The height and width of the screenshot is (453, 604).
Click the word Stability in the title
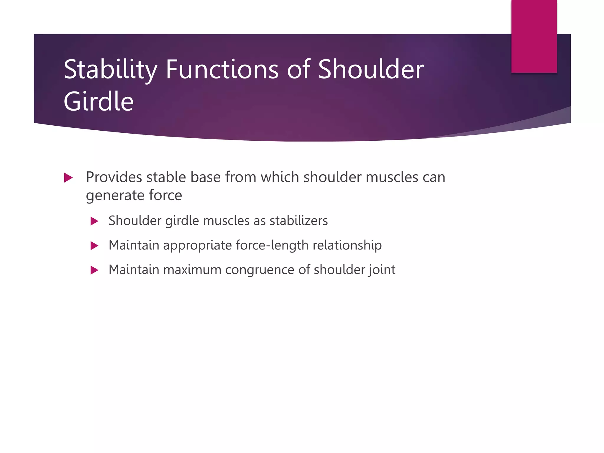[110, 70]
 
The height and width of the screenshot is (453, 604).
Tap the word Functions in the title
[222, 70]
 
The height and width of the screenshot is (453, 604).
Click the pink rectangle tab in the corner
[534, 36]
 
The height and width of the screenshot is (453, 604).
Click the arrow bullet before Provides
[68, 178]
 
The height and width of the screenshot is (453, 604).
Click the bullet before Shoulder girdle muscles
[94, 221]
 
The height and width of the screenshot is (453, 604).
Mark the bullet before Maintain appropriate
[94, 246]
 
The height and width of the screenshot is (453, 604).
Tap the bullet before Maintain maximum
[94, 270]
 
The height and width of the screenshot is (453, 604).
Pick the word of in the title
[298, 70]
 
